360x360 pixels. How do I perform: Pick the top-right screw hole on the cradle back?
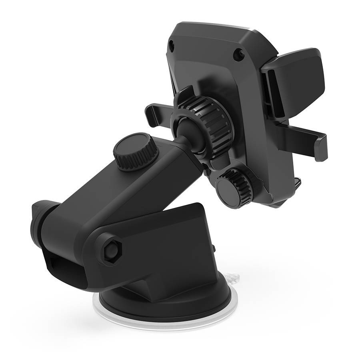click(238, 54)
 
